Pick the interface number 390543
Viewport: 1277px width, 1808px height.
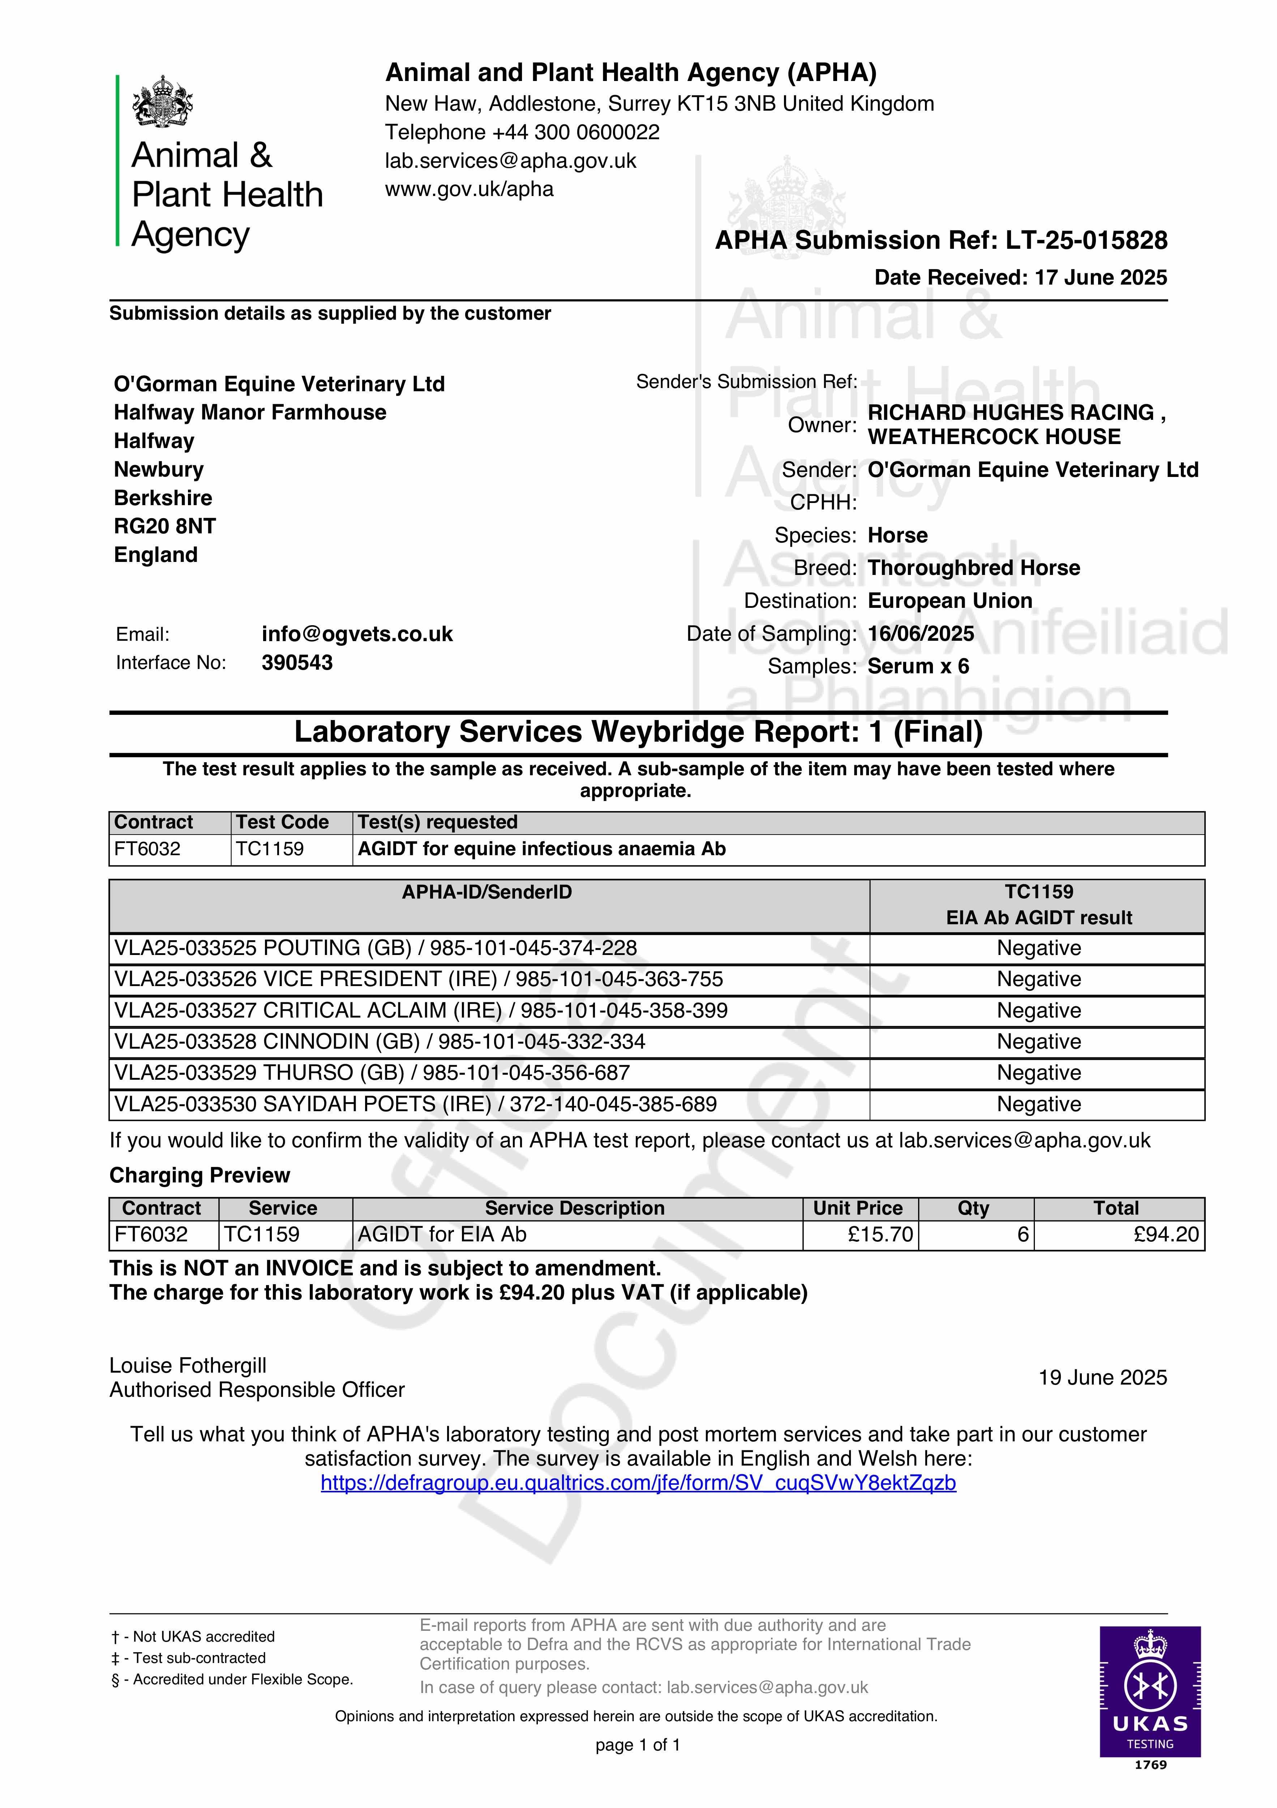pos(297,662)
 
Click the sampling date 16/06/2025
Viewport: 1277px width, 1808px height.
pos(920,634)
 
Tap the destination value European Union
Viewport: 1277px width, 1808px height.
pos(950,601)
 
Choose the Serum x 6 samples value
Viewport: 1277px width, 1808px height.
pos(918,666)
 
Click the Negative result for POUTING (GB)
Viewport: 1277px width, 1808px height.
pos(1038,948)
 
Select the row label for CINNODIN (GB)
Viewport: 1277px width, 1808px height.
pos(380,1042)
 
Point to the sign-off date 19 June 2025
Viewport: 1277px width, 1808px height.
pos(1102,1377)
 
